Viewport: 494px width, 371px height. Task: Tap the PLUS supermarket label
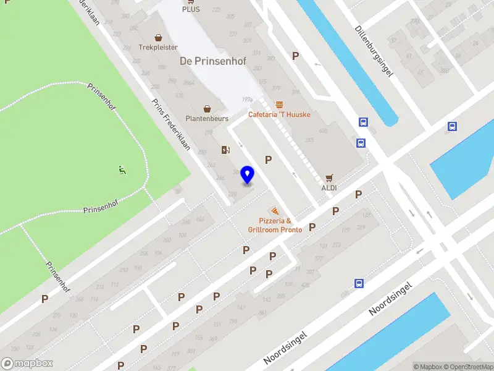191,9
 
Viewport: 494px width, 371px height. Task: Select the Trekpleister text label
158,47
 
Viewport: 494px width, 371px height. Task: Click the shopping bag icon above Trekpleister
158,37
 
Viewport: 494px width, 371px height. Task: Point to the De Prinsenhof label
204,61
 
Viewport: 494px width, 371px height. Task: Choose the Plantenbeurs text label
207,118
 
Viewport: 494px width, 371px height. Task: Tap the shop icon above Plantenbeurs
207,108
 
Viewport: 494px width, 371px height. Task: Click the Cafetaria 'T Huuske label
279,114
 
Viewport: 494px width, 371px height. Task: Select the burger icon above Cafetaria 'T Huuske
279,104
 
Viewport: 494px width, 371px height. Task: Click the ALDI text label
329,187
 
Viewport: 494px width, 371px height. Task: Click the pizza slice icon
274,211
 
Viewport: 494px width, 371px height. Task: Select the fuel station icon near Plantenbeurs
225,150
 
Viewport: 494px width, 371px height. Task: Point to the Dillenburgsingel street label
374,52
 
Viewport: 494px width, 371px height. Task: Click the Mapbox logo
27,364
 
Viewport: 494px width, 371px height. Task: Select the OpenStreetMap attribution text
468,367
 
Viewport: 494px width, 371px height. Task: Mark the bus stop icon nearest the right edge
452,127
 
